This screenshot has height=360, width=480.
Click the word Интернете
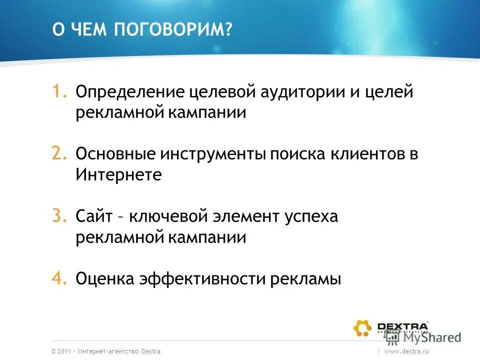119,175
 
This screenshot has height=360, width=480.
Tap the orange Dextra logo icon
362,328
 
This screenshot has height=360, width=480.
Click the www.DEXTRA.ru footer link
407,351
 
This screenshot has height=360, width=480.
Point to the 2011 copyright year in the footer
64,351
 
